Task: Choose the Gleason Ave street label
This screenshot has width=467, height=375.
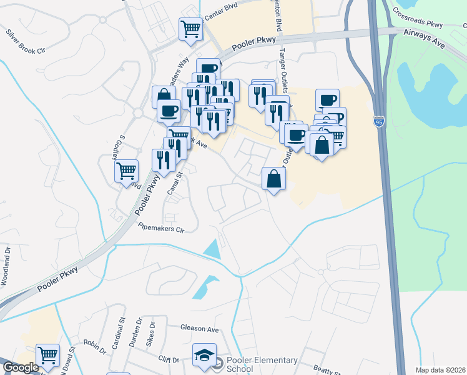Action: coord(199,329)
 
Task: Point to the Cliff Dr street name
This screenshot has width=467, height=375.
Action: coord(169,360)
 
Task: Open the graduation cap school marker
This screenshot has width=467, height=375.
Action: coord(204,356)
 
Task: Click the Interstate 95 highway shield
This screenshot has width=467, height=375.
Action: coord(380,120)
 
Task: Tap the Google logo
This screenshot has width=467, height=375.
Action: coord(21,367)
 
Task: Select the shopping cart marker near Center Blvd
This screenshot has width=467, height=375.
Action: coord(190,28)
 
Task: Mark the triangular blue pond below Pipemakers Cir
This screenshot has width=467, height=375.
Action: coord(213,249)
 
